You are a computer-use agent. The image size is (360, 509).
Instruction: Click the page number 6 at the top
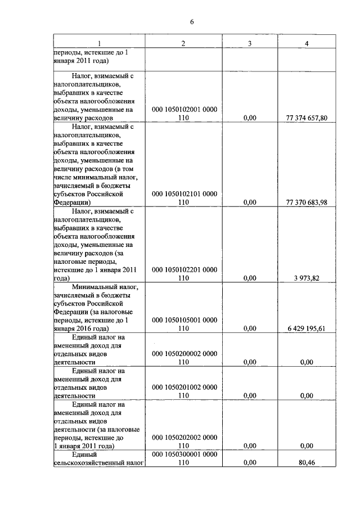click(192, 22)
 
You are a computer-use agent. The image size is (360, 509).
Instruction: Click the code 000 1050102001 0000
click(184, 110)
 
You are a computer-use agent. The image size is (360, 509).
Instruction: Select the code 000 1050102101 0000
click(184, 194)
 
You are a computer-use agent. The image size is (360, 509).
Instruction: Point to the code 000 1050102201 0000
click(184, 270)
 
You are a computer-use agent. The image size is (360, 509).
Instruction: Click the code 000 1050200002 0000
click(184, 354)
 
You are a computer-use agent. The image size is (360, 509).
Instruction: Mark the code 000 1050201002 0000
click(184, 388)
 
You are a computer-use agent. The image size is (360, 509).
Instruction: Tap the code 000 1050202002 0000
click(184, 437)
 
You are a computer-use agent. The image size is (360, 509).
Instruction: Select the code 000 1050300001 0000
click(184, 454)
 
